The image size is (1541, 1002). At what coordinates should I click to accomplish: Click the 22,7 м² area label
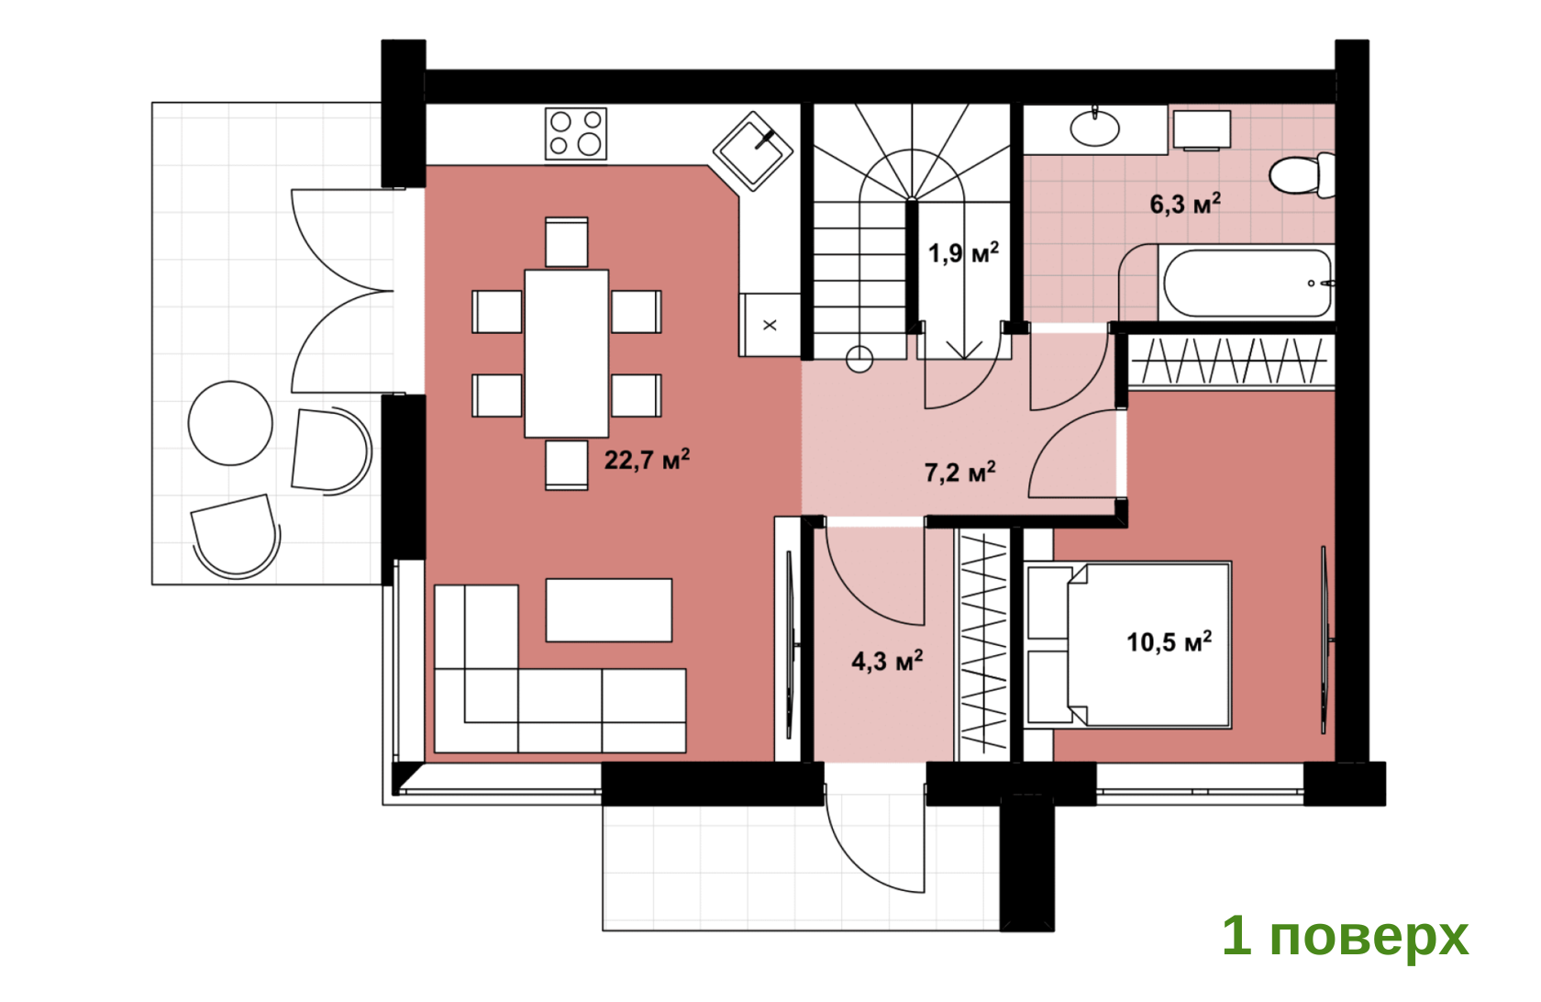point(647,460)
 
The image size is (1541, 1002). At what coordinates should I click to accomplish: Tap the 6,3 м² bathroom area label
point(1185,204)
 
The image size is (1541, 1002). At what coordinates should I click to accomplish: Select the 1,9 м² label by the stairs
point(963,252)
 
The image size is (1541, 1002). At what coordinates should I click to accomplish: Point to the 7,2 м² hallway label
point(959,472)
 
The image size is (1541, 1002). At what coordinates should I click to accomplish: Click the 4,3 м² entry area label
point(887,661)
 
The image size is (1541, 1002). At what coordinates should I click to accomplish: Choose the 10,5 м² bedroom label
point(1169,641)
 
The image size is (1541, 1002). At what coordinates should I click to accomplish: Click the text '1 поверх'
point(1345,936)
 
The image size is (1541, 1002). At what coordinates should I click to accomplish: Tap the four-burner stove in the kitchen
point(576,134)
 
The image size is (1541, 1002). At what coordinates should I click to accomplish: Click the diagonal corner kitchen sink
point(752,151)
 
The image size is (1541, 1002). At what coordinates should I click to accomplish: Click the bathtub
point(1247,283)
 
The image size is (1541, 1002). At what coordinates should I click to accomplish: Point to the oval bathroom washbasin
point(1094,128)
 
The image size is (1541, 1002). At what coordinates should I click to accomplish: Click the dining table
point(566,353)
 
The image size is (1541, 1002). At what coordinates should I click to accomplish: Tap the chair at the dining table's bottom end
point(566,465)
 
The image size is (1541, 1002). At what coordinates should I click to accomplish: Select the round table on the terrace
point(230,423)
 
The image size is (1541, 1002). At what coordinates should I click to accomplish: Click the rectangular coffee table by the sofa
point(609,610)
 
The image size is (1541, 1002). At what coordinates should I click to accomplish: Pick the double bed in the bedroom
point(1127,645)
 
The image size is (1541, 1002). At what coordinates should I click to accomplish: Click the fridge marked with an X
point(770,325)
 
